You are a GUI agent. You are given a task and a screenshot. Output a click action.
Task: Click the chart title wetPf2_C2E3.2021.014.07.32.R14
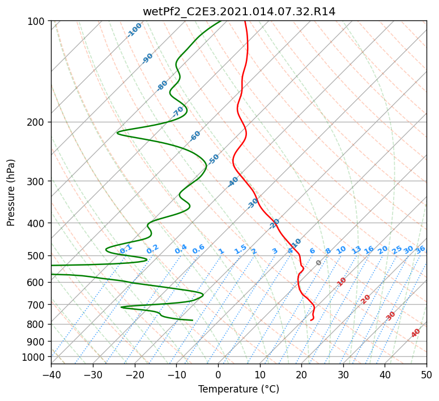click(239, 12)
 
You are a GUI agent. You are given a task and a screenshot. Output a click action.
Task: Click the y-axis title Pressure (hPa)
click(11, 193)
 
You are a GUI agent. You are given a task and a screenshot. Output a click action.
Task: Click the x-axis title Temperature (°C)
click(239, 389)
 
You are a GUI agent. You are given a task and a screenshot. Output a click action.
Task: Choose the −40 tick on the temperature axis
click(51, 375)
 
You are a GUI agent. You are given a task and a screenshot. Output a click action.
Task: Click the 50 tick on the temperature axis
click(427, 375)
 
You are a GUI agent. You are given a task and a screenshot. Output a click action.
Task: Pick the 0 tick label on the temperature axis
click(219, 375)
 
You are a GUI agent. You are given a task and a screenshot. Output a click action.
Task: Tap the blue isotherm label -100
click(134, 30)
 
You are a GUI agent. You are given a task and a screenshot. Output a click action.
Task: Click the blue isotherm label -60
click(195, 136)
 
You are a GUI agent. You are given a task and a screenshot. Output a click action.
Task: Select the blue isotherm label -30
click(253, 203)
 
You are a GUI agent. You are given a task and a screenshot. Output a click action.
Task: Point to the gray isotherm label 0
click(318, 263)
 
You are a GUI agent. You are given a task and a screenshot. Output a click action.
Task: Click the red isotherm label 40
click(415, 333)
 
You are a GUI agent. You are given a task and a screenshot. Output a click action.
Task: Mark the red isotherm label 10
click(342, 281)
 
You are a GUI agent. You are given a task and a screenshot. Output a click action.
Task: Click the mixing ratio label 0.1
click(126, 249)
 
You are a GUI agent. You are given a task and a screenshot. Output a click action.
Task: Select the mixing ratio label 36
click(420, 250)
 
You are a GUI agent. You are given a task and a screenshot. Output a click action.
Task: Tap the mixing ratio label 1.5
click(241, 249)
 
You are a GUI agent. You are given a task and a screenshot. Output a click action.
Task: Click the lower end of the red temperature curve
click(311, 320)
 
